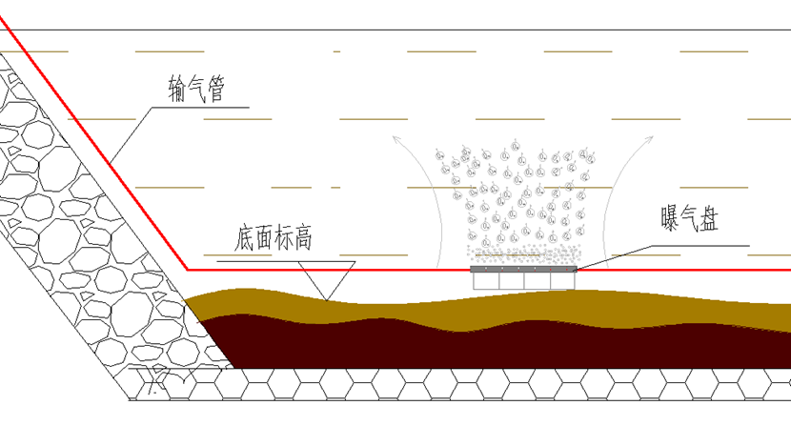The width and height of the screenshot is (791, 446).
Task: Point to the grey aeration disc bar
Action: point(523,269)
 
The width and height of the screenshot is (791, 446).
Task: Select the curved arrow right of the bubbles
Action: point(624,200)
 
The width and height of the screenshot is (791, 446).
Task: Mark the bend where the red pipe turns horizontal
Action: point(186,269)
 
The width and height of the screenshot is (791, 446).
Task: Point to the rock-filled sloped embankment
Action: point(76,238)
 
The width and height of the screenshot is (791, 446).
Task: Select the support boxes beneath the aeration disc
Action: point(523,280)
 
